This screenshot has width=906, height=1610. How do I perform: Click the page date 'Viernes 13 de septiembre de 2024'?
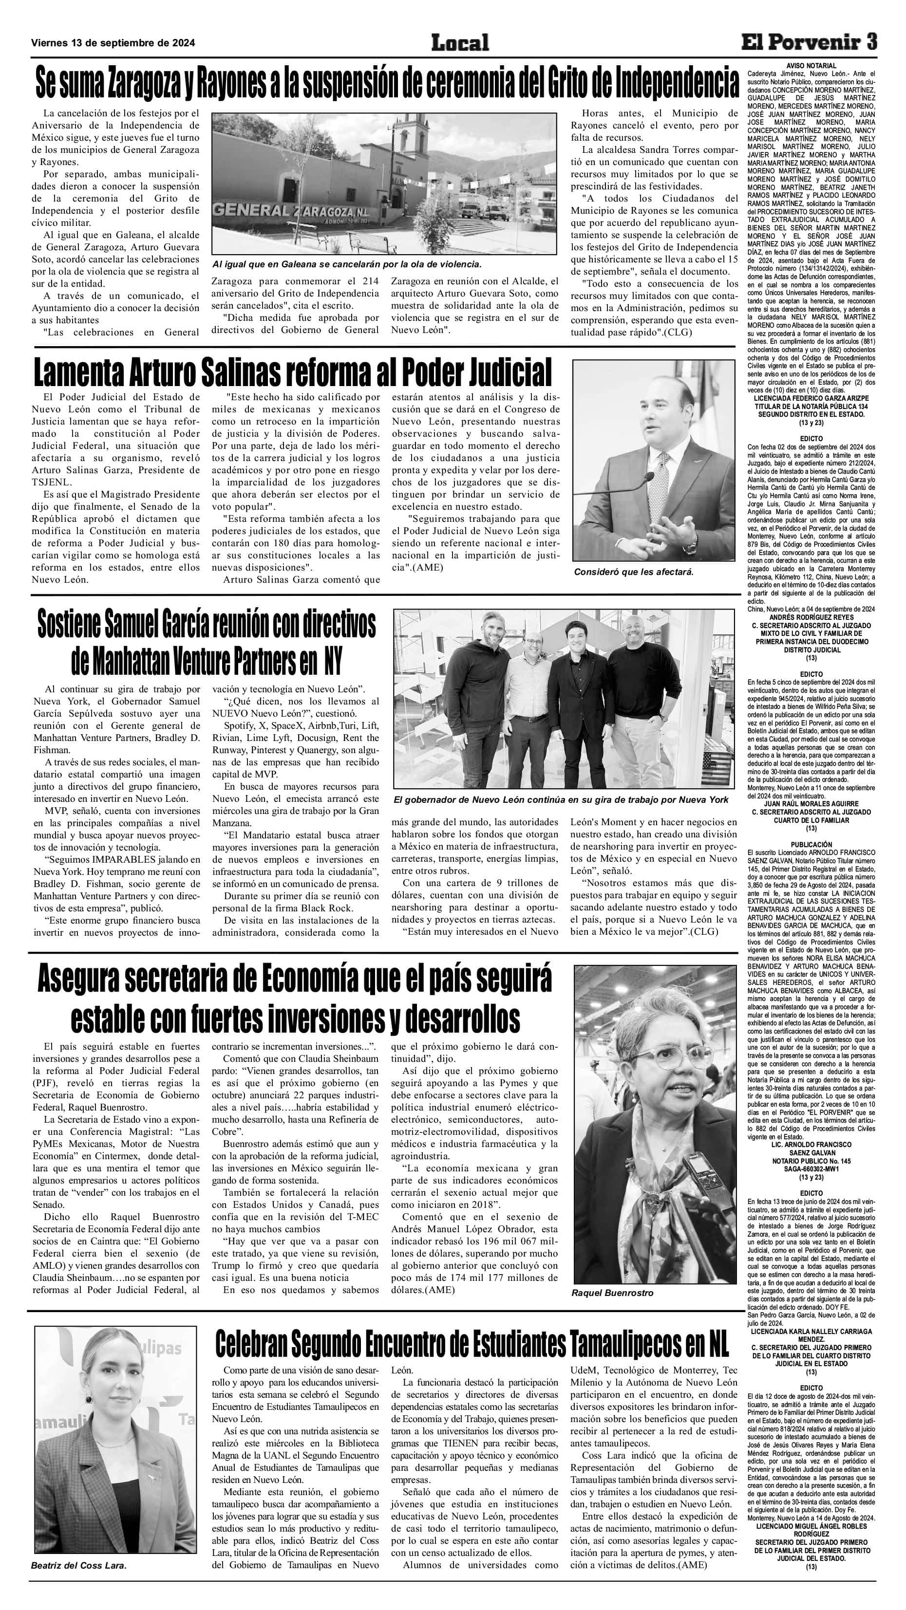coord(113,43)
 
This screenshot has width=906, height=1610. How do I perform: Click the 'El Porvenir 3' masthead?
coord(809,42)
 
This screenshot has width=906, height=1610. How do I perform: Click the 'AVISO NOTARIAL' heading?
coord(811,66)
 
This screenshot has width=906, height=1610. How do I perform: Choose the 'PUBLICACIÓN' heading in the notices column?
coord(811,844)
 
